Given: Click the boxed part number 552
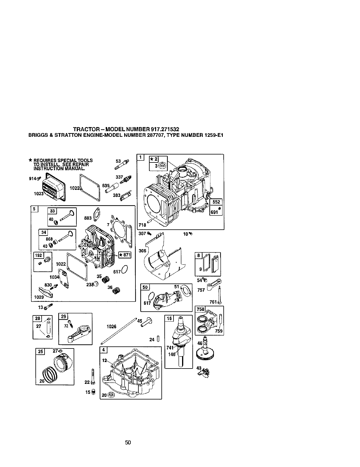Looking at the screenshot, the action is point(217,202).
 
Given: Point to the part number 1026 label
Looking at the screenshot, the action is point(111,327).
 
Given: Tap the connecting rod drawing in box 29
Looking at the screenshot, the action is point(78,332).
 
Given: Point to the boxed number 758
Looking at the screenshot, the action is point(200,309).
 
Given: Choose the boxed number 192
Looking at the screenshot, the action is point(39,255).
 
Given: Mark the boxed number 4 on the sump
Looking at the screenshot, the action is point(103,350).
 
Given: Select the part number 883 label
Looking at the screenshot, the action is point(88,218).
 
